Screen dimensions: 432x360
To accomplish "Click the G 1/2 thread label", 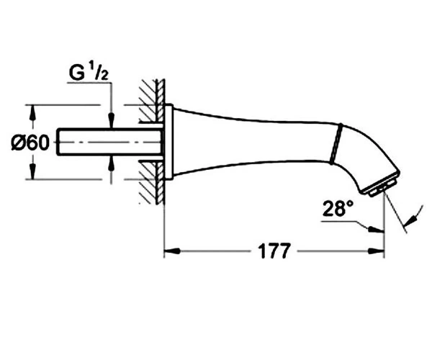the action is tap(89, 73).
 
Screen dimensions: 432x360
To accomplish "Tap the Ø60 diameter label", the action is tap(30, 143).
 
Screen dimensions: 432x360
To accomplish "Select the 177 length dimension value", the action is tap(274, 251).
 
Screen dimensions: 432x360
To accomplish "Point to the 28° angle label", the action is tap(338, 208).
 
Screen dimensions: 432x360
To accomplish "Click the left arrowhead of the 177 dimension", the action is tap(172, 251).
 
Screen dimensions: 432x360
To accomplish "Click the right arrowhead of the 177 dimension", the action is tap(376, 251).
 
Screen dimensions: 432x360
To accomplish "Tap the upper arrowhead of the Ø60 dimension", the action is tap(33, 113).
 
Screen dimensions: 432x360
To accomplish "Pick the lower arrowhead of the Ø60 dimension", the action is tap(33, 171).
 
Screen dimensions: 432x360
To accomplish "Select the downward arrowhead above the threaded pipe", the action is tap(111, 120).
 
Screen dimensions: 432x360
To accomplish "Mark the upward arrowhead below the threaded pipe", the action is tap(111, 164).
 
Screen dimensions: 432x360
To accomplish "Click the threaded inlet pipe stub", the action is tap(109, 142).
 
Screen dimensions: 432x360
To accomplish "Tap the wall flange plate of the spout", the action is tap(168, 142).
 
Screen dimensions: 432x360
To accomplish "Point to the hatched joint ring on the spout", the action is tap(336, 143).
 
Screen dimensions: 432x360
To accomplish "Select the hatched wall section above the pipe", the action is tap(151, 101).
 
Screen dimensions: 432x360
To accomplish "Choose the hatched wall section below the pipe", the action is tap(151, 182).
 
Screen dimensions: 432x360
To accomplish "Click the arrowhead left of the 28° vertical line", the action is tap(376, 229).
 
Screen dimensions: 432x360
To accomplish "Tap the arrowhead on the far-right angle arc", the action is tap(410, 220).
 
